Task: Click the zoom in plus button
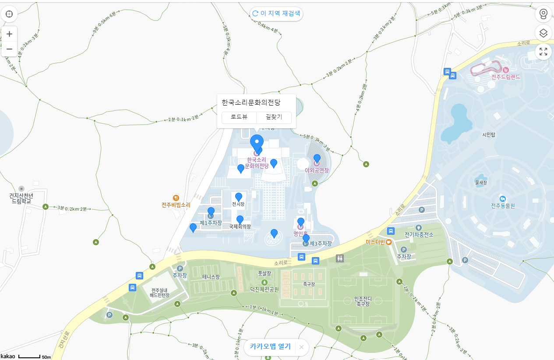click(9, 34)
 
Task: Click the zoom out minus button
click(9, 49)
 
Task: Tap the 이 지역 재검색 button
click(276, 14)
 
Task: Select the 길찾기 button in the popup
click(274, 117)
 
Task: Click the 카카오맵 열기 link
click(270, 346)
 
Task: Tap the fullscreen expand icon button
click(543, 52)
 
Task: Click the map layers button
click(543, 33)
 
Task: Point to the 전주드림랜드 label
click(505, 77)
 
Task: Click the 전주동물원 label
click(503, 206)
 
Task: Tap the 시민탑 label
click(488, 135)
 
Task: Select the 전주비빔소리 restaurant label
click(176, 205)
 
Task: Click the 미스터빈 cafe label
click(376, 242)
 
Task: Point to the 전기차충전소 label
click(419, 235)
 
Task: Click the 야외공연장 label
click(317, 170)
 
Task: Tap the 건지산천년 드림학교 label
click(21, 198)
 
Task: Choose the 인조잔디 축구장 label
click(363, 301)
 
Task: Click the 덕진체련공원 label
click(265, 289)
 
